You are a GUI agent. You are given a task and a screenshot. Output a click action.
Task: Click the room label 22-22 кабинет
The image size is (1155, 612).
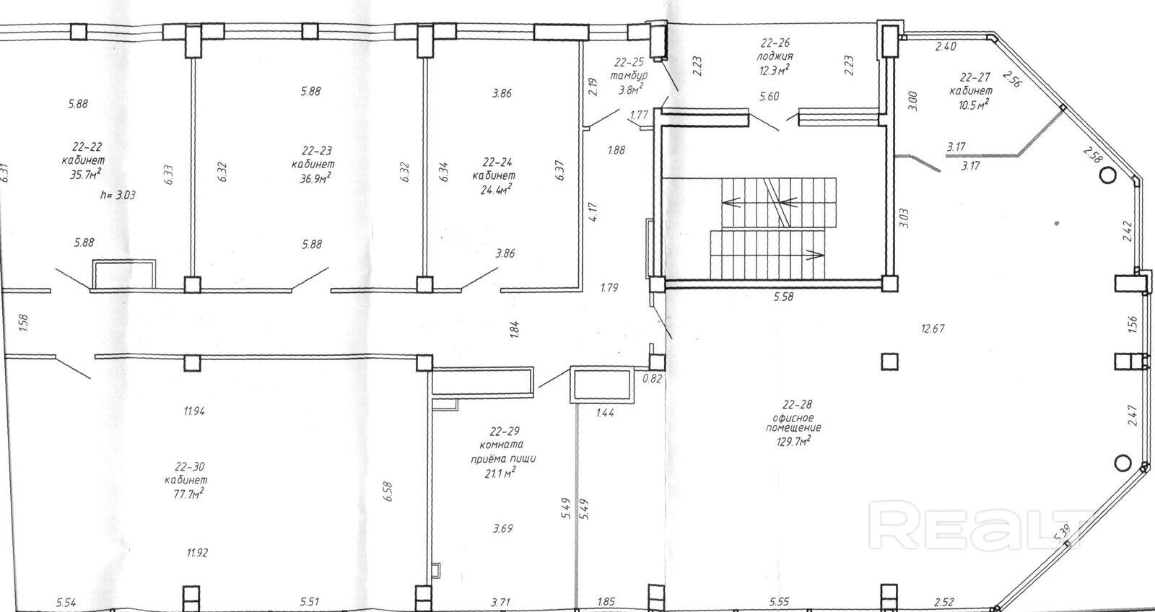click(82, 154)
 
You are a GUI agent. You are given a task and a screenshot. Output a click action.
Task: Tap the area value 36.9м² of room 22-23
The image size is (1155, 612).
click(315, 178)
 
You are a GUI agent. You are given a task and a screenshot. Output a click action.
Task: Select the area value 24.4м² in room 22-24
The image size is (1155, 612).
click(493, 189)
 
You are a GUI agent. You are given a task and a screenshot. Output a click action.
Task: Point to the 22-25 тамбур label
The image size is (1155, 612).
click(629, 69)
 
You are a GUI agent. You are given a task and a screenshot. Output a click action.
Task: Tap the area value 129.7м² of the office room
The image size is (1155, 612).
click(793, 441)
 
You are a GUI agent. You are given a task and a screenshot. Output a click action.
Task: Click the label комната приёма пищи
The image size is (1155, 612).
click(503, 452)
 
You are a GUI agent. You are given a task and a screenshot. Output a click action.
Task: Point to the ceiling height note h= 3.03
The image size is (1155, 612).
click(118, 196)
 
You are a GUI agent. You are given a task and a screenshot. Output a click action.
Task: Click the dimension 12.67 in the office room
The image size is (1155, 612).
click(933, 328)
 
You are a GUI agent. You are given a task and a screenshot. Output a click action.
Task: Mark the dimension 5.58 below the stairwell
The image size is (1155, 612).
click(783, 297)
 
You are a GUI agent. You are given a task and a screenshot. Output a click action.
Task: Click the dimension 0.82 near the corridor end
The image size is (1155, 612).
click(653, 379)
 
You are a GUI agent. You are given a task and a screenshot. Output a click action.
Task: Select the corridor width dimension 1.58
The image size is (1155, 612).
click(22, 323)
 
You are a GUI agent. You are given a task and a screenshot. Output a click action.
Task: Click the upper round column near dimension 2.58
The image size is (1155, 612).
click(1107, 175)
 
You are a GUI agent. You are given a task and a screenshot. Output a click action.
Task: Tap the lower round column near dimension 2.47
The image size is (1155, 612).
click(1123, 463)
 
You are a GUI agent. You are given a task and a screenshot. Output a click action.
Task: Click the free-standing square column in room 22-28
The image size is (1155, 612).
click(889, 362)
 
